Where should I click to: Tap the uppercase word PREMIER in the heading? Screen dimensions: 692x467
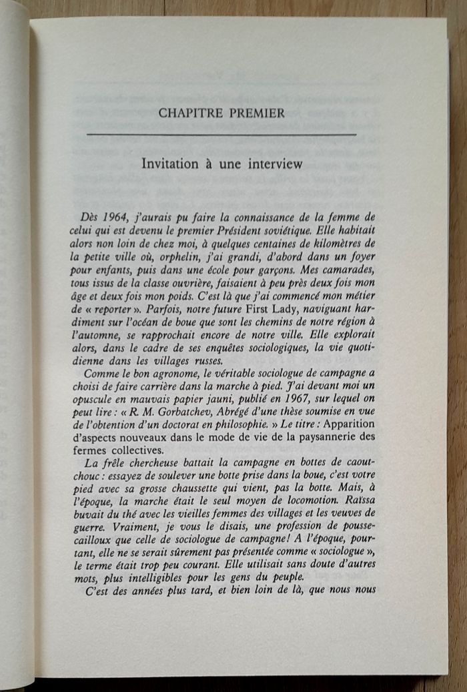(x=256, y=113)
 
